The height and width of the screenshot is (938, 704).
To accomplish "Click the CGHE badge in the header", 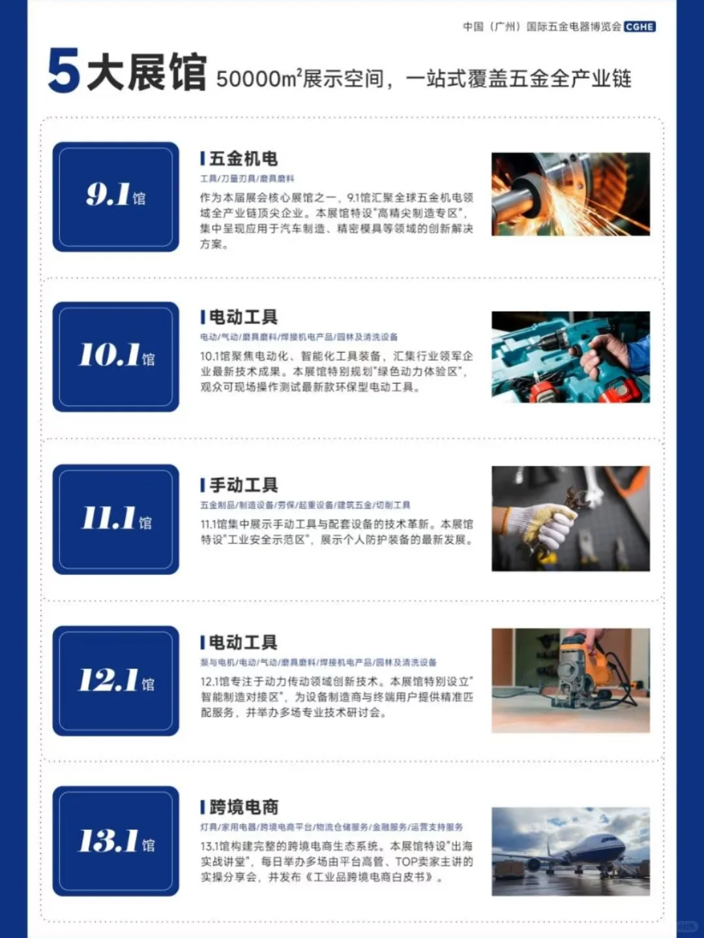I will click(639, 27).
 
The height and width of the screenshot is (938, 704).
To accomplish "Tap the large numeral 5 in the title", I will click(63, 70).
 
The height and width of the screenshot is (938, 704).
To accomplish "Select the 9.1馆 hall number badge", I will click(115, 196).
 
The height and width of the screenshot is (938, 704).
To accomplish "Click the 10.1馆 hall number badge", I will click(115, 356).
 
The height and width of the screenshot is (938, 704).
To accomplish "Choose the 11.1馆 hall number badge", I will click(115, 519).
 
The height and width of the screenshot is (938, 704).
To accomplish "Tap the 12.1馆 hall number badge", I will click(115, 681).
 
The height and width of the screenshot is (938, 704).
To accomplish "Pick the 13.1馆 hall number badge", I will click(115, 841).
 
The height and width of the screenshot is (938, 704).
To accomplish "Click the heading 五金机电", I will click(243, 158).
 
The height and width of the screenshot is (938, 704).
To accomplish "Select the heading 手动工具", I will click(243, 485).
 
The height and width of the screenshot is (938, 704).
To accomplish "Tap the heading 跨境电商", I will click(243, 807).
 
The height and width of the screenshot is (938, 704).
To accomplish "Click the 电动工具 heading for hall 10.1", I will click(243, 317).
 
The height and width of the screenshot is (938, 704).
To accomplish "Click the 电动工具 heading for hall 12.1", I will click(243, 643).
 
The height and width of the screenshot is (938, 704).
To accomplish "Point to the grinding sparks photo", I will click(570, 194).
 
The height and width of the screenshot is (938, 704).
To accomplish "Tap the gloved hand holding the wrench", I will click(548, 521).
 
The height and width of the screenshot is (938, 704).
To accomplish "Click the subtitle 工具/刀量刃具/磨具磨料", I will click(247, 179).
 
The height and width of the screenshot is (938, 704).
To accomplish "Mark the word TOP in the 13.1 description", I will click(405, 862).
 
